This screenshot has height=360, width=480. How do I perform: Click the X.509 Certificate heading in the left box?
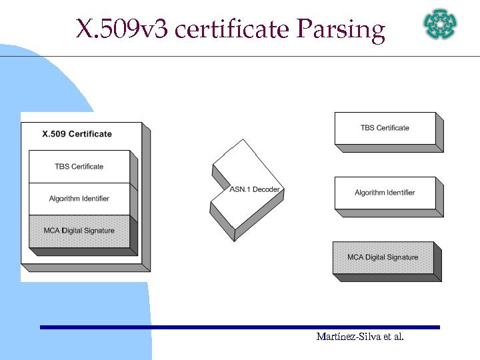pyautogui.click(x=77, y=134)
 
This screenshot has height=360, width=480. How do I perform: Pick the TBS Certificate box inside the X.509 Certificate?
pyautogui.click(x=79, y=167)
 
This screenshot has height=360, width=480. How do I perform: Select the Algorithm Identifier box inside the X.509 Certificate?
pyautogui.click(x=79, y=199)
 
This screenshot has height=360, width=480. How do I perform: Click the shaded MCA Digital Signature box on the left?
pyautogui.click(x=79, y=231)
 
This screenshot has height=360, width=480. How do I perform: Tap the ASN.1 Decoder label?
pyautogui.click(x=255, y=190)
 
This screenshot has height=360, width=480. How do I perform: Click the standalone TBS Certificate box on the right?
pyautogui.click(x=385, y=128)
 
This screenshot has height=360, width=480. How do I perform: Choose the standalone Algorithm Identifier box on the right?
pyautogui.click(x=385, y=193)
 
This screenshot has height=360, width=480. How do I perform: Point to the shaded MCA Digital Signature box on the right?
pyautogui.click(x=383, y=257)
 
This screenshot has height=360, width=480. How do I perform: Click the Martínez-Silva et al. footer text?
pyautogui.click(x=360, y=337)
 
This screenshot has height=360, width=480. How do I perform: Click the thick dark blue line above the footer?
pyautogui.click(x=240, y=327)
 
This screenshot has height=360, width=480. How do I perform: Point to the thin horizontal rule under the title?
pyautogui.click(x=267, y=56)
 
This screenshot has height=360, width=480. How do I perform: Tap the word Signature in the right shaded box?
pyautogui.click(x=401, y=257)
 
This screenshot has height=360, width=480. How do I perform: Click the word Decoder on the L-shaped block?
pyautogui.click(x=266, y=190)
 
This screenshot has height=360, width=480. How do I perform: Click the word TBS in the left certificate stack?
pyautogui.click(x=61, y=167)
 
